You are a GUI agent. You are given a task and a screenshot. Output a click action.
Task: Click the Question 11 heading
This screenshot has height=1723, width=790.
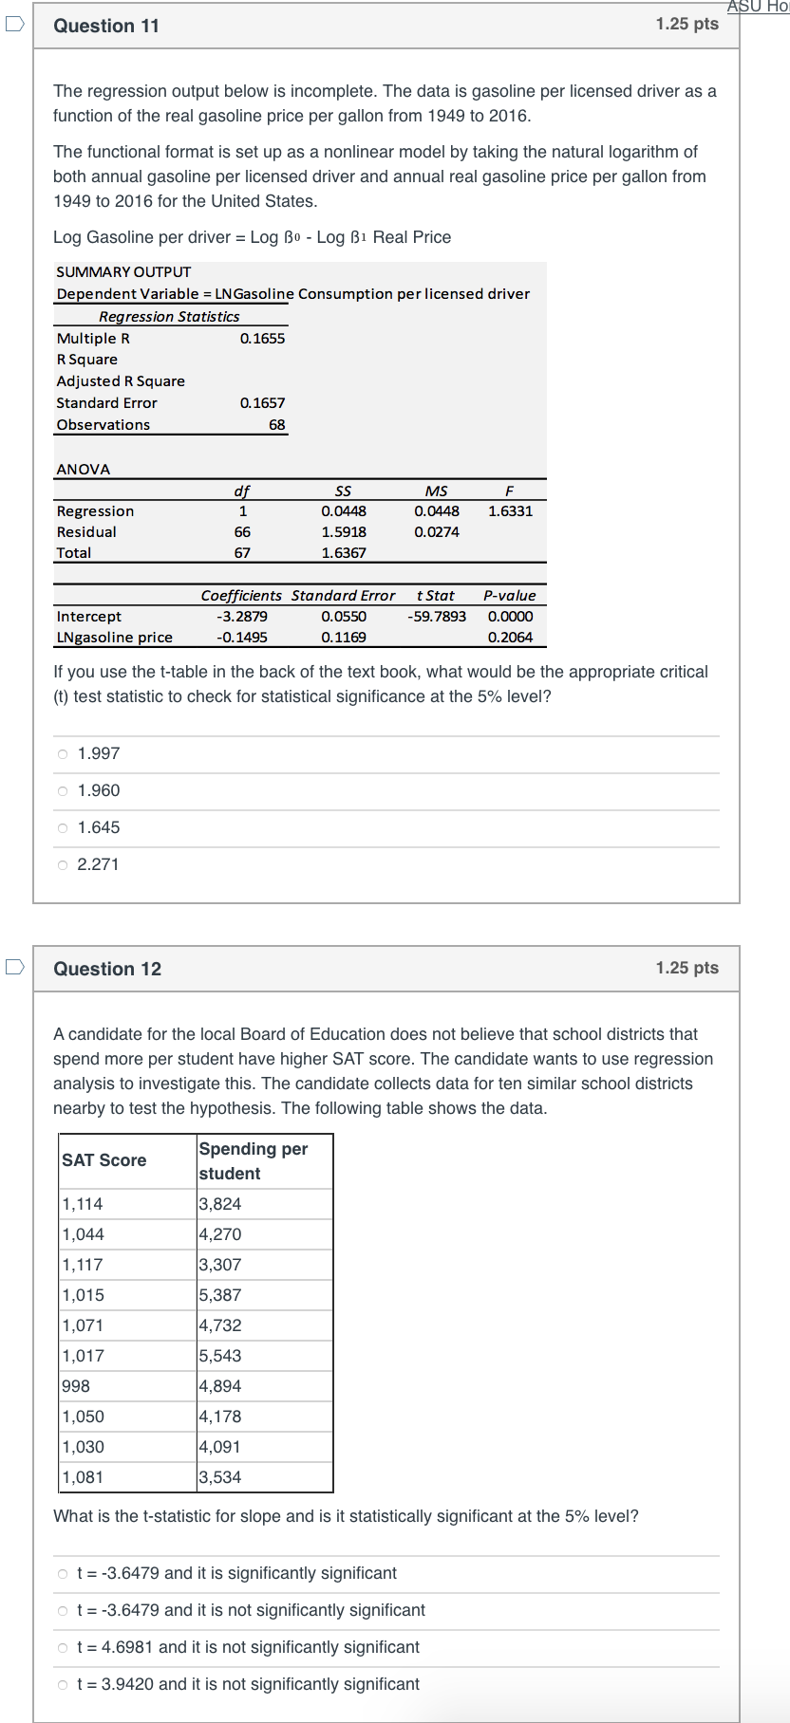pyautogui.click(x=106, y=26)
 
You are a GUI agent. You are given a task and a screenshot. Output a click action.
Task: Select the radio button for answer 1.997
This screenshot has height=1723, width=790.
pyautogui.click(x=63, y=753)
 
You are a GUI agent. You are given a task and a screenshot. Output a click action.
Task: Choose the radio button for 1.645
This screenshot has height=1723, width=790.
pyautogui.click(x=63, y=827)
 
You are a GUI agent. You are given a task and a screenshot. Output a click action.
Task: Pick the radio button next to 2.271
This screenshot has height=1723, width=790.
pyautogui.click(x=63, y=864)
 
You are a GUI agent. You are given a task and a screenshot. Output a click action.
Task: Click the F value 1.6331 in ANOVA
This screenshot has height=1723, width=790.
pyautogui.click(x=510, y=510)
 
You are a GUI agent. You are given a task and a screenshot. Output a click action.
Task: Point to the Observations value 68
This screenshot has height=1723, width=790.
pyautogui.click(x=276, y=425)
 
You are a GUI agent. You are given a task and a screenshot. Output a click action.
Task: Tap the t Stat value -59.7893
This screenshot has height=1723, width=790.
pyautogui.click(x=437, y=616)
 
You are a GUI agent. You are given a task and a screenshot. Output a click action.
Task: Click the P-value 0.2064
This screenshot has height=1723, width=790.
pyautogui.click(x=510, y=638)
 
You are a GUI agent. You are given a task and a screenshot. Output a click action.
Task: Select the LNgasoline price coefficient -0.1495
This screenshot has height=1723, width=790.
pyautogui.click(x=242, y=638)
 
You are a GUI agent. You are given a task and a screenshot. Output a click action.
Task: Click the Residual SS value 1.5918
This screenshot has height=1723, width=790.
pyautogui.click(x=344, y=531)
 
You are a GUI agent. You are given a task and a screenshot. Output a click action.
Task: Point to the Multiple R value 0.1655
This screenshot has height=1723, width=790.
pyautogui.click(x=262, y=338)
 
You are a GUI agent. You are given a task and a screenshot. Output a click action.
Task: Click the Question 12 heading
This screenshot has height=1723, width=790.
pyautogui.click(x=107, y=969)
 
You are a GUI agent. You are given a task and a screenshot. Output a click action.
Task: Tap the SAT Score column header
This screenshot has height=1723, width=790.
pyautogui.click(x=104, y=1159)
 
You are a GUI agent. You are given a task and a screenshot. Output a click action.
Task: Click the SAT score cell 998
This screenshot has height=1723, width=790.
pyautogui.click(x=76, y=1386)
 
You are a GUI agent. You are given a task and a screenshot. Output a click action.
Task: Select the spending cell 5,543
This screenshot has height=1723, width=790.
pyautogui.click(x=220, y=1356)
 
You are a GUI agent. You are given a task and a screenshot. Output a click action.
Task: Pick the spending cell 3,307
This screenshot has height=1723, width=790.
pyautogui.click(x=220, y=1265)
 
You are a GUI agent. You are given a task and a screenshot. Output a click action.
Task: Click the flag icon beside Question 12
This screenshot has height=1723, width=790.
pyautogui.click(x=14, y=968)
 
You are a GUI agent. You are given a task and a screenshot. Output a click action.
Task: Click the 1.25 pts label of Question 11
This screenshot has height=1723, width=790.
pyautogui.click(x=687, y=24)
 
